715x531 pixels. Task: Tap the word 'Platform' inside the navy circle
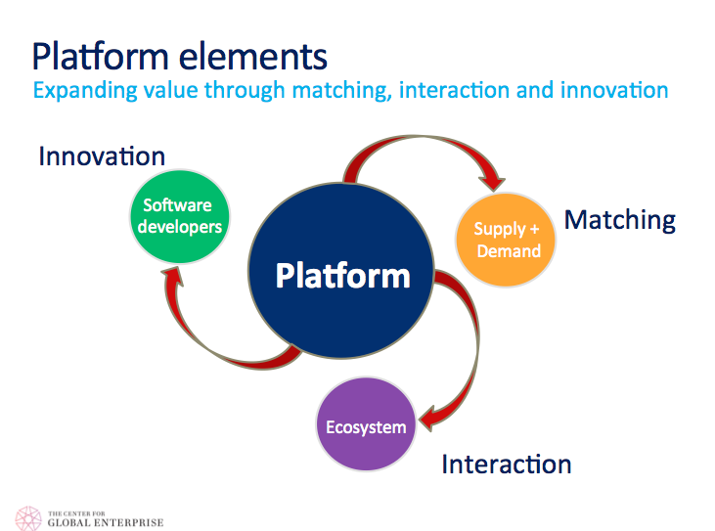point(342,275)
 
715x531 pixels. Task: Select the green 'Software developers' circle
point(184,216)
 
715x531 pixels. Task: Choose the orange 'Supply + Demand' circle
point(507,240)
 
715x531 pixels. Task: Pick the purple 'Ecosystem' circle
point(365,426)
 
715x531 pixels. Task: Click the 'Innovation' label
point(102,155)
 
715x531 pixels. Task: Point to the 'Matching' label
point(620,219)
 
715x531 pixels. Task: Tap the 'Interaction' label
point(506,463)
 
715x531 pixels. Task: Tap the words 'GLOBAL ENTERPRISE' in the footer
point(106,522)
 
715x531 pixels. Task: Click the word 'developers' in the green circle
point(184,227)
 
